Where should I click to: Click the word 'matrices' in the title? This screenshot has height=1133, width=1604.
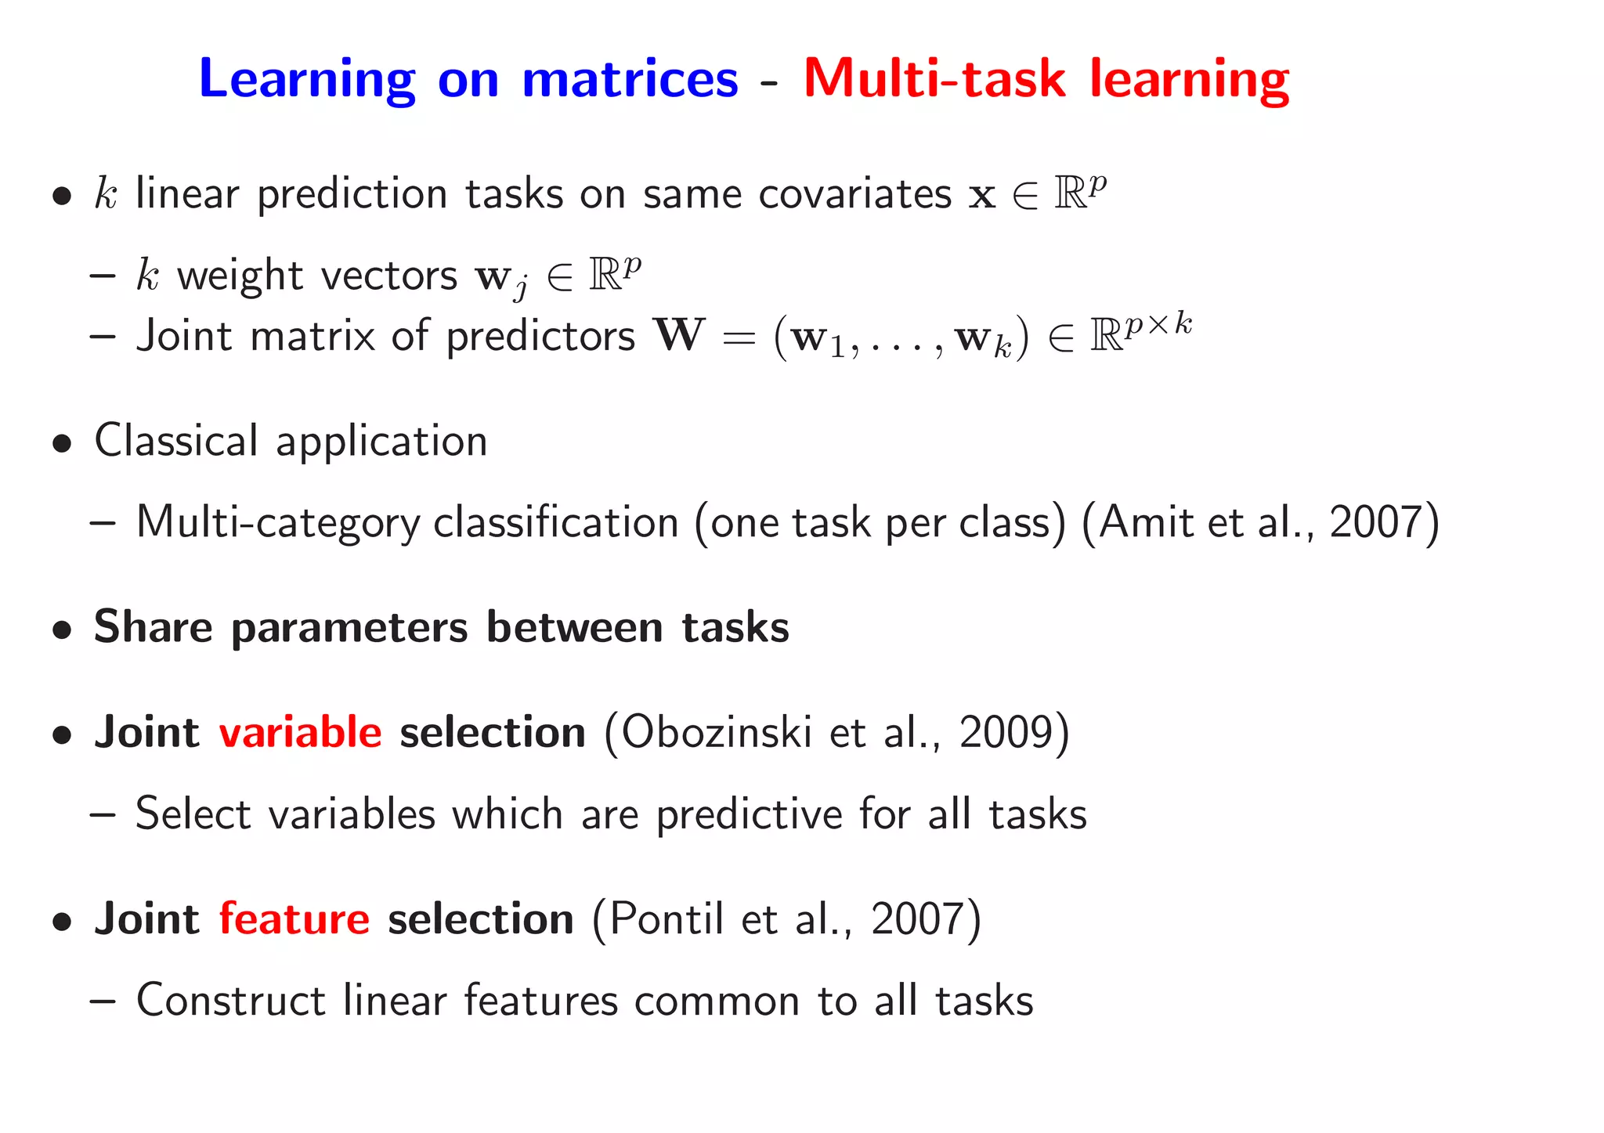click(x=630, y=78)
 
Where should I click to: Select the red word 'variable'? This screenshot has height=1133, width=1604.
click(x=300, y=732)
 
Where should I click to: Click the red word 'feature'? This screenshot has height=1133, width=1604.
click(x=294, y=918)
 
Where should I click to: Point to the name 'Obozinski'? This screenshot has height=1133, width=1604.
click(x=717, y=732)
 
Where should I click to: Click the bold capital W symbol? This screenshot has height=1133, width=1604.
click(x=679, y=335)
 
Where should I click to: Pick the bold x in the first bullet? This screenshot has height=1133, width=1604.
click(x=981, y=195)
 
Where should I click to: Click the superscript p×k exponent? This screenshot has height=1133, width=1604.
click(x=1158, y=324)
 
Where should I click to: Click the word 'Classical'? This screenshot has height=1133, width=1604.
click(x=175, y=440)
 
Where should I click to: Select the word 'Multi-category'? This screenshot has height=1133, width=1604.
click(x=278, y=523)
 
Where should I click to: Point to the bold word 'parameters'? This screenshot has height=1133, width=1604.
click(x=349, y=627)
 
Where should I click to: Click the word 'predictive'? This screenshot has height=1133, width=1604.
click(x=749, y=814)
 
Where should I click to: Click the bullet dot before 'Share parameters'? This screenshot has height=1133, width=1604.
click(x=63, y=630)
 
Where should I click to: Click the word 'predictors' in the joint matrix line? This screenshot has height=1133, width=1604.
click(x=540, y=337)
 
